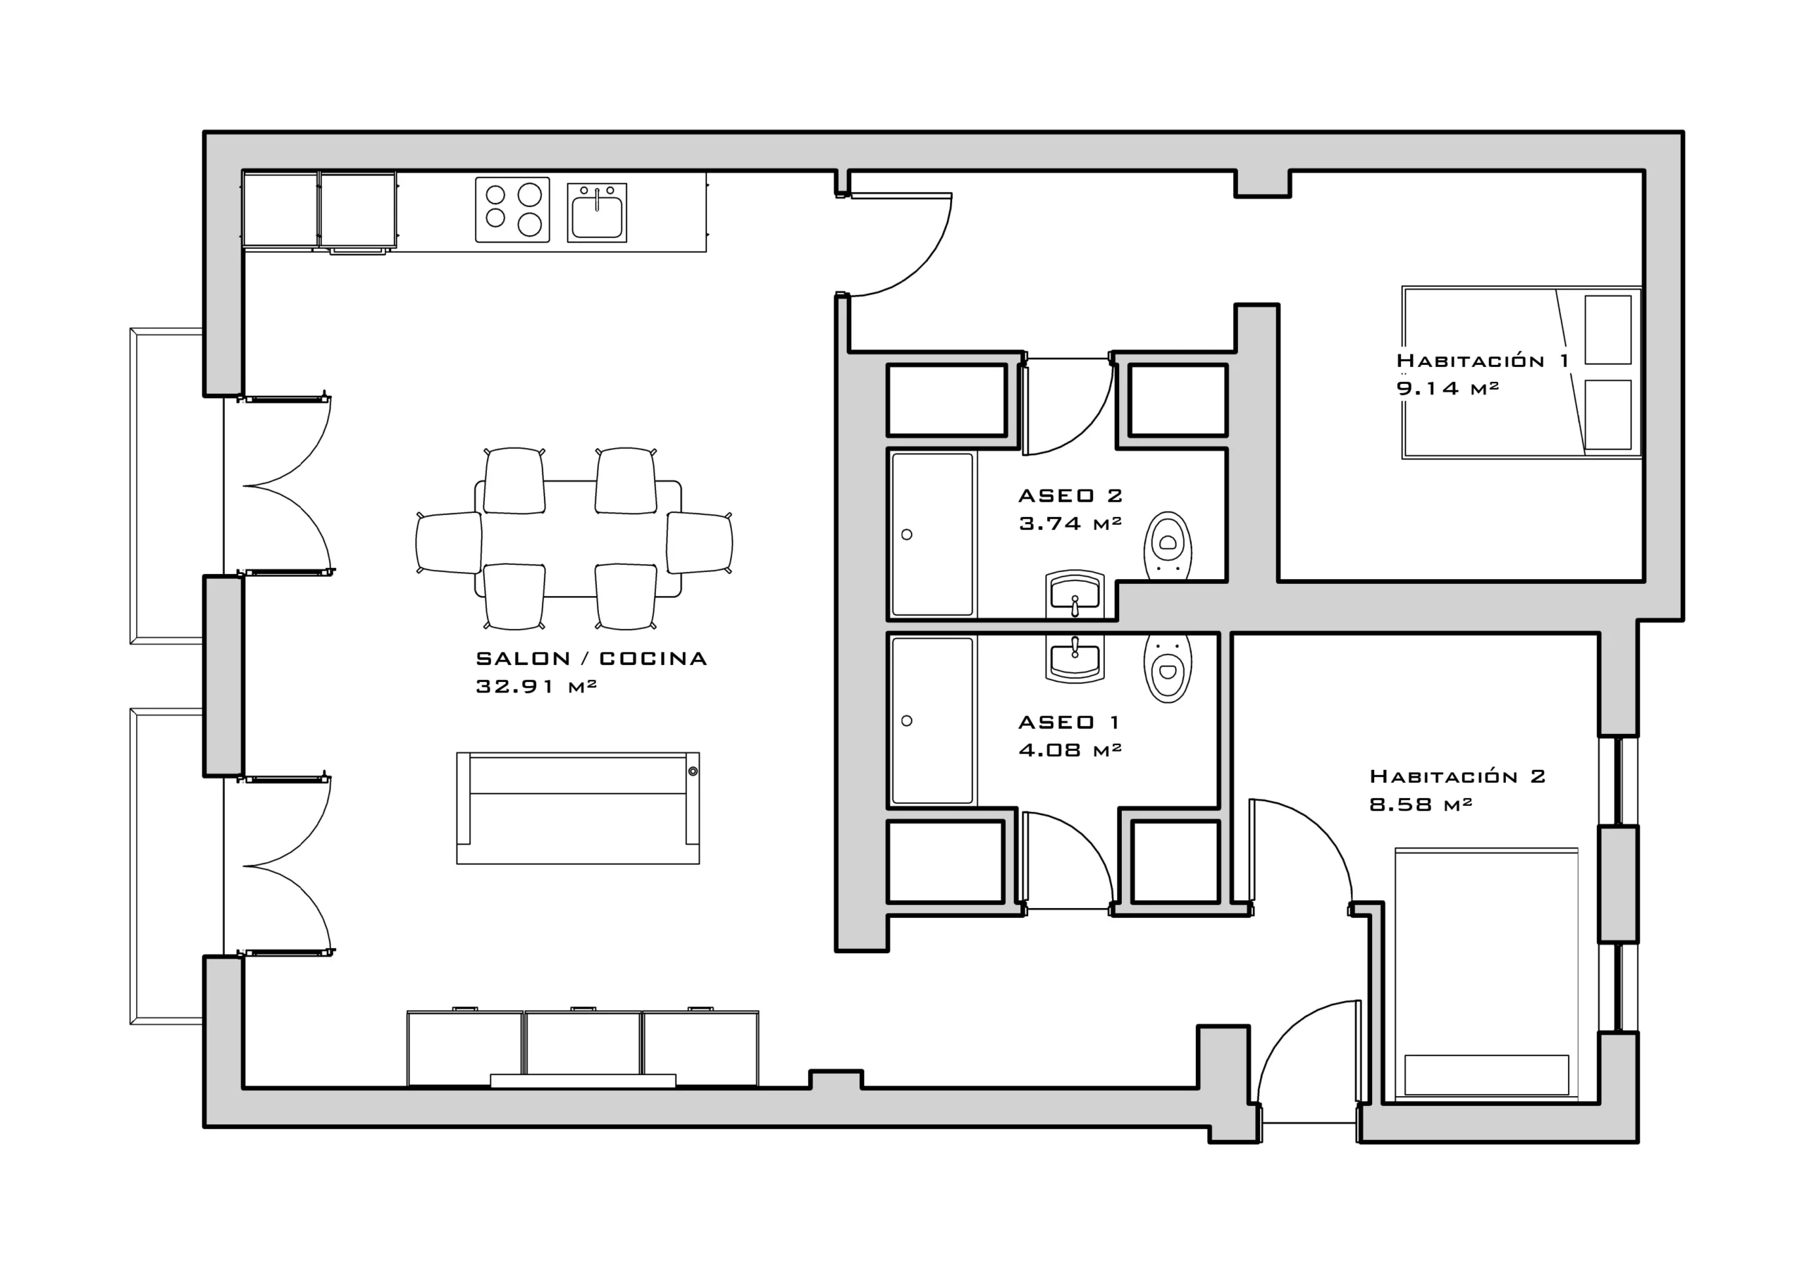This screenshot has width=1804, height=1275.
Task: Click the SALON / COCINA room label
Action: (x=591, y=659)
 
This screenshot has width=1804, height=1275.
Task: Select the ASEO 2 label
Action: (x=1070, y=496)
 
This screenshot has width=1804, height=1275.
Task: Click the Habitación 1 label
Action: (x=1482, y=361)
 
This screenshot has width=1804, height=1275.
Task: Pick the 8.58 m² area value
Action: (x=1421, y=804)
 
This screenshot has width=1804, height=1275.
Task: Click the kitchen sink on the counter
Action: (x=597, y=212)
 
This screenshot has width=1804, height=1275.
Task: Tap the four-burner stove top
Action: (x=512, y=209)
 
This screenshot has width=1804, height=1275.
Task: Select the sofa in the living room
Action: (x=578, y=809)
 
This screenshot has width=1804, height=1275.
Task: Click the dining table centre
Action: (x=578, y=539)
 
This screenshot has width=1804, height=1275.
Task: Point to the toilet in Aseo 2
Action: (x=1168, y=546)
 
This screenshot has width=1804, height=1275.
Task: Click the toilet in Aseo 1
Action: (x=1168, y=668)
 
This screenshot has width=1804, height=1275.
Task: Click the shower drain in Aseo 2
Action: (x=907, y=535)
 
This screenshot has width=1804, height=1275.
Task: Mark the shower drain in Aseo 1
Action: (x=907, y=721)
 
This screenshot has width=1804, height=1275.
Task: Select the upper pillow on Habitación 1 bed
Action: (x=1608, y=330)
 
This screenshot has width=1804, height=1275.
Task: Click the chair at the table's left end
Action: (x=449, y=542)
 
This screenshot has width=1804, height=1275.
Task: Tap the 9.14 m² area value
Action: (x=1447, y=388)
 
